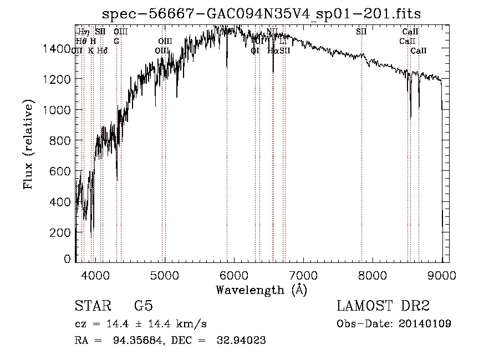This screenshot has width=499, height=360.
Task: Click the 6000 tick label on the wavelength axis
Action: [234, 275]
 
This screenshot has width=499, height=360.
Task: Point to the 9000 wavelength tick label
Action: [442, 275]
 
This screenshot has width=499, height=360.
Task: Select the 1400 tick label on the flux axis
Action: [56, 49]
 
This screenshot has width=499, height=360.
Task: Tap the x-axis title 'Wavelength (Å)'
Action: [261, 289]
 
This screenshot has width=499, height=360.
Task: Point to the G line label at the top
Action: [116, 41]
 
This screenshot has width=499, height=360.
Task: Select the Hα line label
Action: [272, 50]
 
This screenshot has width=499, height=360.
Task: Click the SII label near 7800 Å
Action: [361, 32]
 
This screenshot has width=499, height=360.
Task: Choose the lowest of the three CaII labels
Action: [419, 50]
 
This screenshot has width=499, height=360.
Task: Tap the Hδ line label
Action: [102, 50]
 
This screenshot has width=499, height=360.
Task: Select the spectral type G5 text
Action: [143, 306]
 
